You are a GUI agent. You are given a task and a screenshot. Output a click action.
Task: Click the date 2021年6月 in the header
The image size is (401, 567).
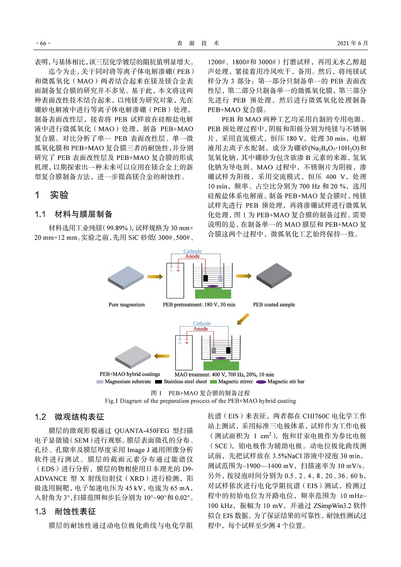352,43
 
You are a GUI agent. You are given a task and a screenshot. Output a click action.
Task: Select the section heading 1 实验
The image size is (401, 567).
52,195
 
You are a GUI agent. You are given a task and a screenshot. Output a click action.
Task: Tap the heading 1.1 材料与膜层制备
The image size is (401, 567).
73,214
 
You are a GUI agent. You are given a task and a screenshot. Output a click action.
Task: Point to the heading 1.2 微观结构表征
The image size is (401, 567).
69,417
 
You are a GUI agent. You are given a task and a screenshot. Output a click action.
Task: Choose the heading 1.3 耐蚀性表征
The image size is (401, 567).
65,512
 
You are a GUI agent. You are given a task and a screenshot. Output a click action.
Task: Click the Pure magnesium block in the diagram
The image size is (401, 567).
126,278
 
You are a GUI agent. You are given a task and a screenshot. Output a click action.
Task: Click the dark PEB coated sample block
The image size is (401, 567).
274,276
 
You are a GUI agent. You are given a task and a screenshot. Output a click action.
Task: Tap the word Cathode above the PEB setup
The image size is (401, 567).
192,251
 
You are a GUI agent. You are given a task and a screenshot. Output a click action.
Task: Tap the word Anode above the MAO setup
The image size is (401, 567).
200,329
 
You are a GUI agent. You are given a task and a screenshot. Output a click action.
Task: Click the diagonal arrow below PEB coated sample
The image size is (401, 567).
243,319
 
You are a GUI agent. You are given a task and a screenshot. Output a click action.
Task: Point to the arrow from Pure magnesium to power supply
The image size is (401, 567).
155,277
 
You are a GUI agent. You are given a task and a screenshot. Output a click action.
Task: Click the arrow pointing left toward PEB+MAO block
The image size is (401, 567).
162,356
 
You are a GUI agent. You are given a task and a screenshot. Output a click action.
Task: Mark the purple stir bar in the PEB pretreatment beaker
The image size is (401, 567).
213,286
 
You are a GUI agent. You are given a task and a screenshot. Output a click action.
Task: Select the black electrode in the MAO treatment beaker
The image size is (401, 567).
229,350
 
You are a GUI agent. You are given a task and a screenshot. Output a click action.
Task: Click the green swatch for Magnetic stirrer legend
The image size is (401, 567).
213,382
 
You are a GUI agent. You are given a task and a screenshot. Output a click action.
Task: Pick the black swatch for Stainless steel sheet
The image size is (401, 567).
158,382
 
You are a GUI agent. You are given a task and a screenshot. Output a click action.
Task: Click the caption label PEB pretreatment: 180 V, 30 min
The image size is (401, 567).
199,304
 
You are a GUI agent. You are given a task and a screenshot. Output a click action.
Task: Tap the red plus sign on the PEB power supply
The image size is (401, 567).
178,270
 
